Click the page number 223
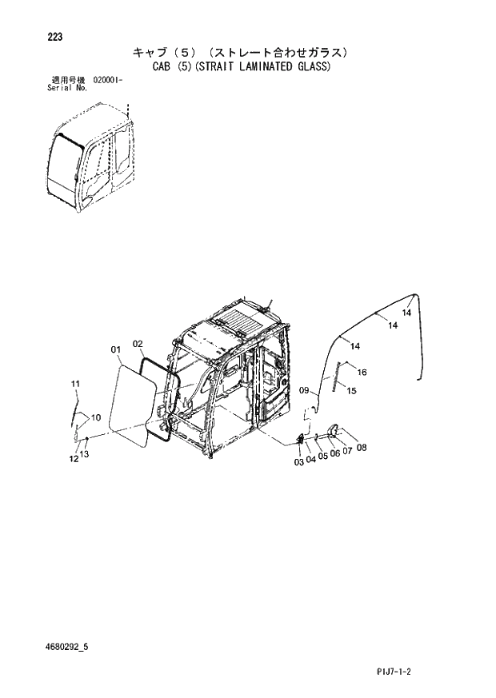click(x=55, y=38)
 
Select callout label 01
click(x=115, y=349)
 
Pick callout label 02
click(x=138, y=344)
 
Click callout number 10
click(x=95, y=417)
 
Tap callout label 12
click(x=74, y=459)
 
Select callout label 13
click(x=85, y=455)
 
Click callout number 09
click(x=304, y=390)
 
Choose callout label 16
click(x=362, y=373)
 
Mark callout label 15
click(x=351, y=389)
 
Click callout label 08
click(x=362, y=448)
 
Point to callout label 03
click(x=298, y=462)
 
